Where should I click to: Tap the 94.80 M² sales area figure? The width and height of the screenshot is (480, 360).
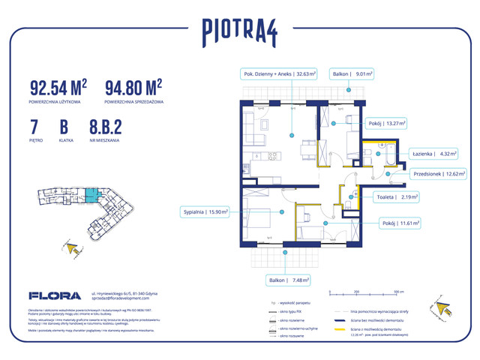tap(133, 88)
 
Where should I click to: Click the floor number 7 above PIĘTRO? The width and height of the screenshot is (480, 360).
tap(34, 125)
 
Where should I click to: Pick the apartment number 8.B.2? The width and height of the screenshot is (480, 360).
tap(104, 125)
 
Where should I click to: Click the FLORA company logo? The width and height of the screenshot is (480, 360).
tap(49, 295)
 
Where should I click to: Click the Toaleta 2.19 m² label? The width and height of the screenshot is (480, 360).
tap(397, 197)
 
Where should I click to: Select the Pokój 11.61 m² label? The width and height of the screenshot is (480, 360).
tap(397, 223)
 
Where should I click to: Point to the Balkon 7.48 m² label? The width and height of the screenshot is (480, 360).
tap(286, 280)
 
